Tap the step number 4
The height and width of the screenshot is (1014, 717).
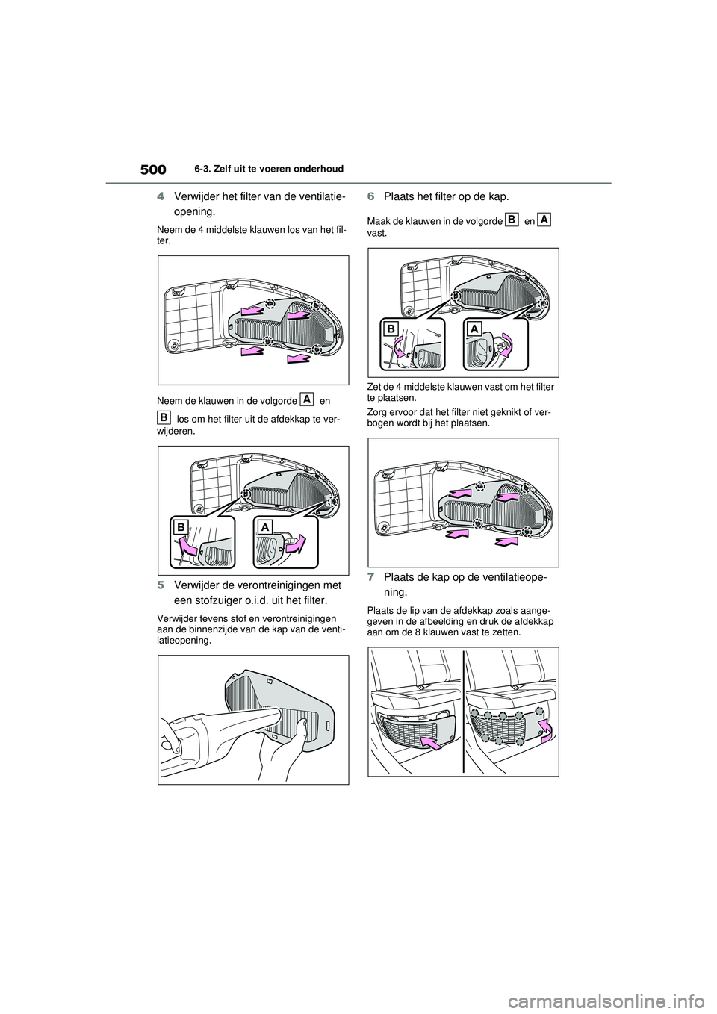[x=161, y=197]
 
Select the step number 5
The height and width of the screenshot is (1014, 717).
[x=161, y=585]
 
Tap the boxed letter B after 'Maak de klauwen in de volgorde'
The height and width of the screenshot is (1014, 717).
[x=512, y=219]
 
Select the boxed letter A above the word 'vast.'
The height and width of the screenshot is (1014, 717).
[x=544, y=219]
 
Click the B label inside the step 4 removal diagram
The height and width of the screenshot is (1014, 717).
[x=181, y=527]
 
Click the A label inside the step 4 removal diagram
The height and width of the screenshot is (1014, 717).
[x=264, y=527]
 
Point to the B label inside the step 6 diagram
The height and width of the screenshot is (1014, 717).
[x=391, y=329]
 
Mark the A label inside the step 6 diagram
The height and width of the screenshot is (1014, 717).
[x=474, y=329]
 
